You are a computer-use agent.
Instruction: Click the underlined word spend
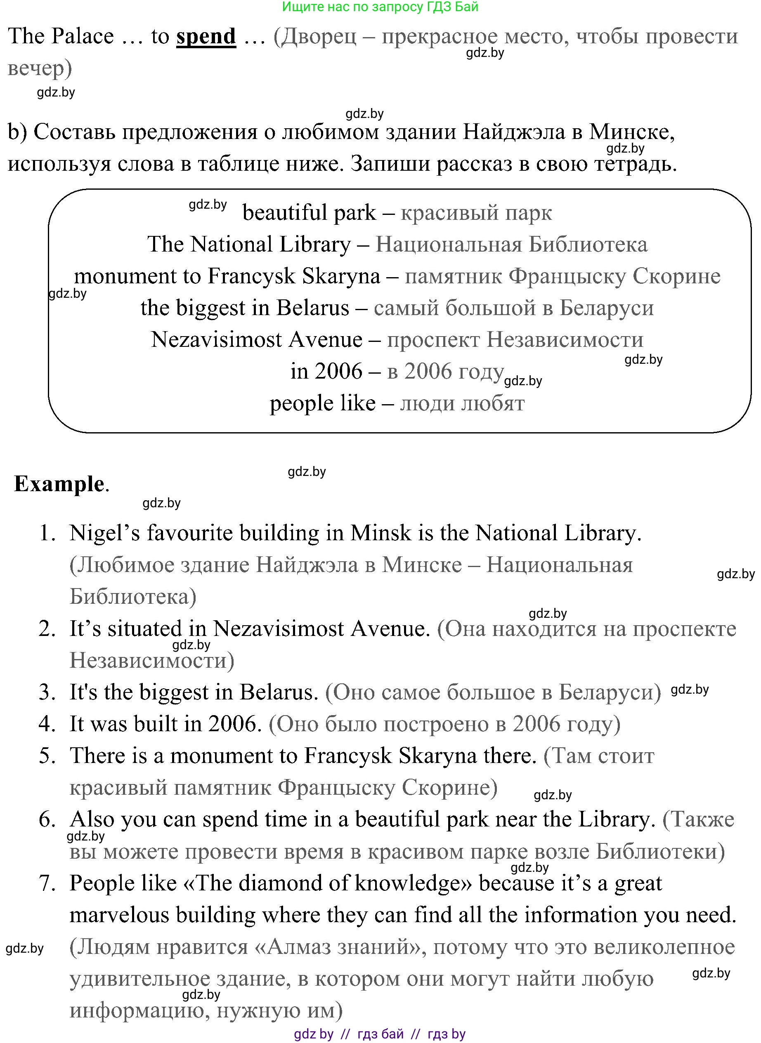(206, 36)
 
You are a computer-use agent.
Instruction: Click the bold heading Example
(59, 484)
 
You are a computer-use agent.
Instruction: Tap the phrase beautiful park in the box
(309, 213)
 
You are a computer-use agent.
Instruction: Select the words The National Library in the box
(249, 245)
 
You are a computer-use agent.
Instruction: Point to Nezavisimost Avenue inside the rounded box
(257, 340)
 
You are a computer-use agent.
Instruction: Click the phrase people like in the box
(322, 403)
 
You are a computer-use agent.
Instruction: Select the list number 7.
(47, 883)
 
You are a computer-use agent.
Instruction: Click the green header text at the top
(380, 7)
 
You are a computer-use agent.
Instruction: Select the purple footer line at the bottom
(380, 1034)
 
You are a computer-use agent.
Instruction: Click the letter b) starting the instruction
(17, 132)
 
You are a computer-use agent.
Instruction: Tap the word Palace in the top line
(83, 36)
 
